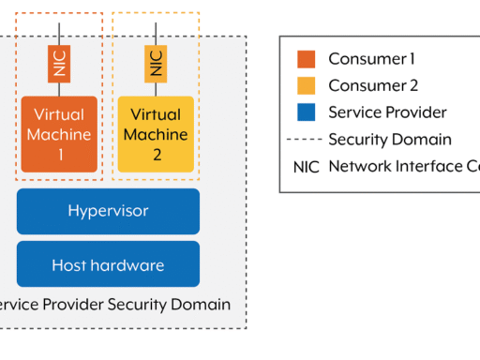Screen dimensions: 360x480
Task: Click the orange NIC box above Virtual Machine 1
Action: click(x=58, y=64)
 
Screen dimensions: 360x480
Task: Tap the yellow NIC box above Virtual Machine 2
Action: click(x=156, y=64)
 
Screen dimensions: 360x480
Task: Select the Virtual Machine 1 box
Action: click(x=59, y=134)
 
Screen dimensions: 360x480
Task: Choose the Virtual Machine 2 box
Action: click(x=156, y=134)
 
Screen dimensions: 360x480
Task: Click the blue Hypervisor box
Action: click(x=108, y=211)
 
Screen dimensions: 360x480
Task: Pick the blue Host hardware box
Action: click(x=108, y=264)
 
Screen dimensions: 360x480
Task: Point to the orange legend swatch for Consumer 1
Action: click(x=306, y=59)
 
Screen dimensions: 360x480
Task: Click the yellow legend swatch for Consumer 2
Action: click(x=306, y=86)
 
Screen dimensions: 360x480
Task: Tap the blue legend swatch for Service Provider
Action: click(x=306, y=112)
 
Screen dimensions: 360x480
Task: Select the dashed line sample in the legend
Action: click(x=306, y=140)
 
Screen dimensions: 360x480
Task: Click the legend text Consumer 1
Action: click(x=371, y=59)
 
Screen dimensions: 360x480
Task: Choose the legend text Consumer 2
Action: click(x=372, y=86)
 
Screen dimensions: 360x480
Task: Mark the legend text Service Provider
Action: click(x=387, y=112)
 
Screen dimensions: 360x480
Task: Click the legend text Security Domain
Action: click(x=390, y=140)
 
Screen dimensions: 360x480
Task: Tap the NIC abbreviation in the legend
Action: click(x=306, y=167)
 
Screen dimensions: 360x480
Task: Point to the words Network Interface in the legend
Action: click(x=393, y=167)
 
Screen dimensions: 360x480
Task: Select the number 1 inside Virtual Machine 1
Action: click(x=59, y=153)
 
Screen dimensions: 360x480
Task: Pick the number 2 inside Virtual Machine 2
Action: click(x=156, y=153)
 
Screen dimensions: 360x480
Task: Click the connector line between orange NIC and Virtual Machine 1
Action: click(x=58, y=89)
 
